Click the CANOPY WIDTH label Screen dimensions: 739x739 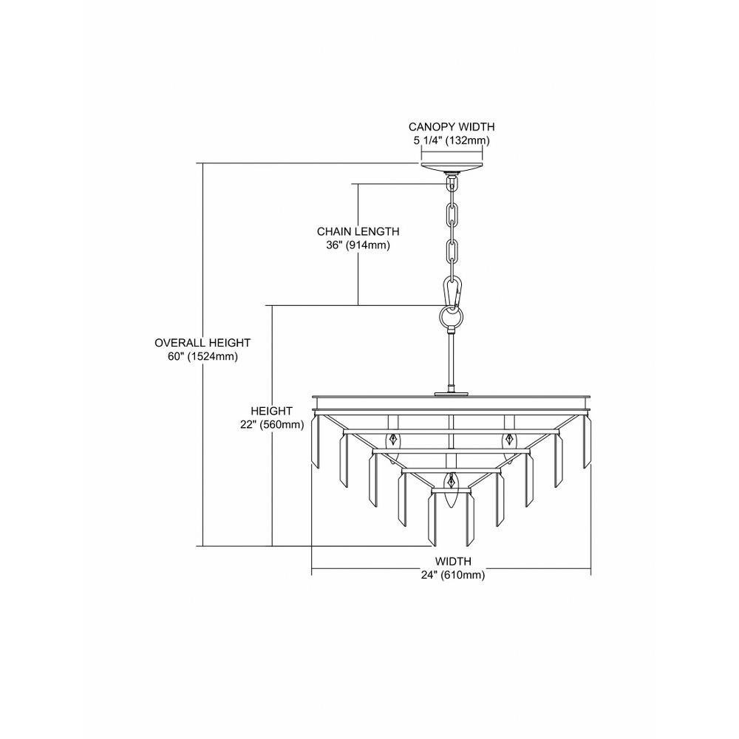click(452, 127)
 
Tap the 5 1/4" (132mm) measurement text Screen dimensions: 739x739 click(452, 140)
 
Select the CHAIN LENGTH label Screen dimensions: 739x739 click(358, 231)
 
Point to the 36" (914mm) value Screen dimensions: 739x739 click(358, 245)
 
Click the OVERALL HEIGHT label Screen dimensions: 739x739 click(202, 343)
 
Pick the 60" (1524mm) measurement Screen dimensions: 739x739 click(202, 357)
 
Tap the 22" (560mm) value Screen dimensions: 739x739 click(271, 425)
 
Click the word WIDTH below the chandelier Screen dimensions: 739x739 click(453, 562)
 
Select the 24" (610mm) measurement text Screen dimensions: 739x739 click(453, 575)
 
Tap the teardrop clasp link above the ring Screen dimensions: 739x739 click(452, 293)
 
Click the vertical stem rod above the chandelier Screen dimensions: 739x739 click(452, 361)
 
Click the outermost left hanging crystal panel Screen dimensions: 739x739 click(316, 442)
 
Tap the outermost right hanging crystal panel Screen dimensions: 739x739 click(587, 442)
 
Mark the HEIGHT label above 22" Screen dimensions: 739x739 click(271, 411)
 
